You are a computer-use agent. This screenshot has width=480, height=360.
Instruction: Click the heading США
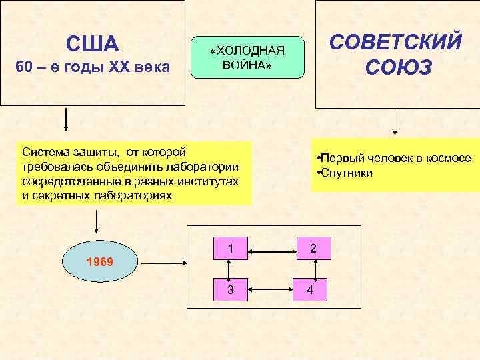coord(93,44)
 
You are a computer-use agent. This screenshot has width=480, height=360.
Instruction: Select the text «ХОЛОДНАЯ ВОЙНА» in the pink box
coord(247,59)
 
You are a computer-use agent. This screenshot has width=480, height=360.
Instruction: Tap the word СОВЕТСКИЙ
coord(396,42)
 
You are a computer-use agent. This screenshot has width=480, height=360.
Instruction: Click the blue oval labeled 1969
coord(100,262)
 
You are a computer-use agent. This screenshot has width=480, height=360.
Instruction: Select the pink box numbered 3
coord(229,290)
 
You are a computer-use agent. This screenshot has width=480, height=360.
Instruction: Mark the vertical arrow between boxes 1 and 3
coord(229,270)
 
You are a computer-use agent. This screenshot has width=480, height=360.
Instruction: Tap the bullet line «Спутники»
coord(347,173)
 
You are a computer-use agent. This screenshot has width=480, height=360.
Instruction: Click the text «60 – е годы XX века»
coord(93,67)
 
